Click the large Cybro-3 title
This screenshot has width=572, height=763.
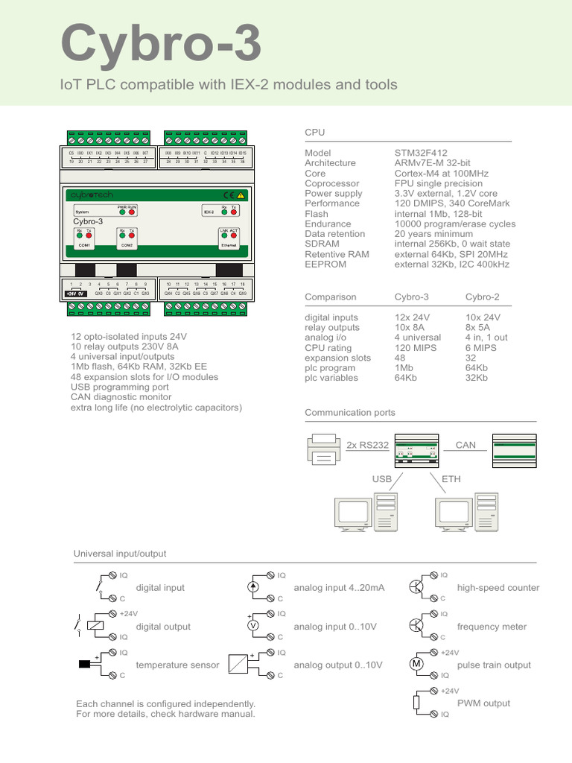pos(161,43)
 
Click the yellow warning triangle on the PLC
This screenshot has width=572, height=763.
pos(241,194)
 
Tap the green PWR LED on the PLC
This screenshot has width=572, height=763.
pos(122,212)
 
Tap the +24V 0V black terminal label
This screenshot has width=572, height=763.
pos(76,294)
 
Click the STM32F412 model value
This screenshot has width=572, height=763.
pos(421,153)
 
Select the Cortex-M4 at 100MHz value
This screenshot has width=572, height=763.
pos(441,173)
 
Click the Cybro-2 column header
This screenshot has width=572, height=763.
pos(482,297)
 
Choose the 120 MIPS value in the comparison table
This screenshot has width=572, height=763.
pos(413,347)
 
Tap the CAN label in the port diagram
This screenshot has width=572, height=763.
pos(465,445)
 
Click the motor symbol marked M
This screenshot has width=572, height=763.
pos(417,664)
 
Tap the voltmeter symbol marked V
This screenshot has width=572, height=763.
pos(252,626)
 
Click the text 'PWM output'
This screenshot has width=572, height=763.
pos(483,703)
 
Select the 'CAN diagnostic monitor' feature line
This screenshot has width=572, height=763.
pos(123,398)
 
